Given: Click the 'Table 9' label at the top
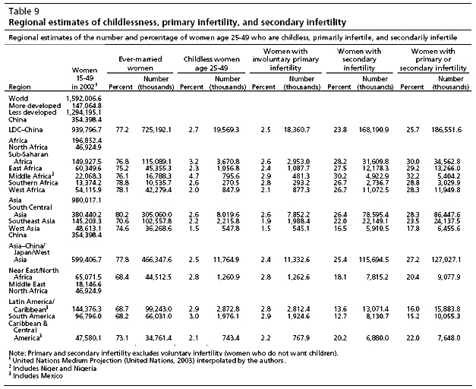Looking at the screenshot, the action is pos(24,11).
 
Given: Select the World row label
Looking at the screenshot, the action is pos(18,99).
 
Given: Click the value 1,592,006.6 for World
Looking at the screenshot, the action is pos(84,99).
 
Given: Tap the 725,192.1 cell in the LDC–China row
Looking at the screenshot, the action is pos(156,130).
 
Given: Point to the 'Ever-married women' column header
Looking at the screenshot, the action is pos(140,63).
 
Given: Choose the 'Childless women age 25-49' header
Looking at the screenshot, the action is pos(211,63).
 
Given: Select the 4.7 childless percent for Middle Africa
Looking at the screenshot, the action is pos(194,176).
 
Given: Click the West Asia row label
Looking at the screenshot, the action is pos(24,228).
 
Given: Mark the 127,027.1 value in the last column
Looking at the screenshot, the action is pos(446,260).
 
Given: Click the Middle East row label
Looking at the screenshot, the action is pos(27,284).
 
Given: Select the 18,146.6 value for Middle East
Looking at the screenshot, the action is pos(88,284).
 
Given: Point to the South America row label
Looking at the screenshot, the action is pos(32,316).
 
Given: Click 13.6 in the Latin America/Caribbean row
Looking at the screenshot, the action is pos(340,309).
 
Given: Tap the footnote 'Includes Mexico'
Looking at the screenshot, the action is pos(38,376).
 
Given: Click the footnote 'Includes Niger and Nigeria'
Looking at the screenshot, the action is pos(55,368).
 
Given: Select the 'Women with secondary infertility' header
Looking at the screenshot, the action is pos(359,59).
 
